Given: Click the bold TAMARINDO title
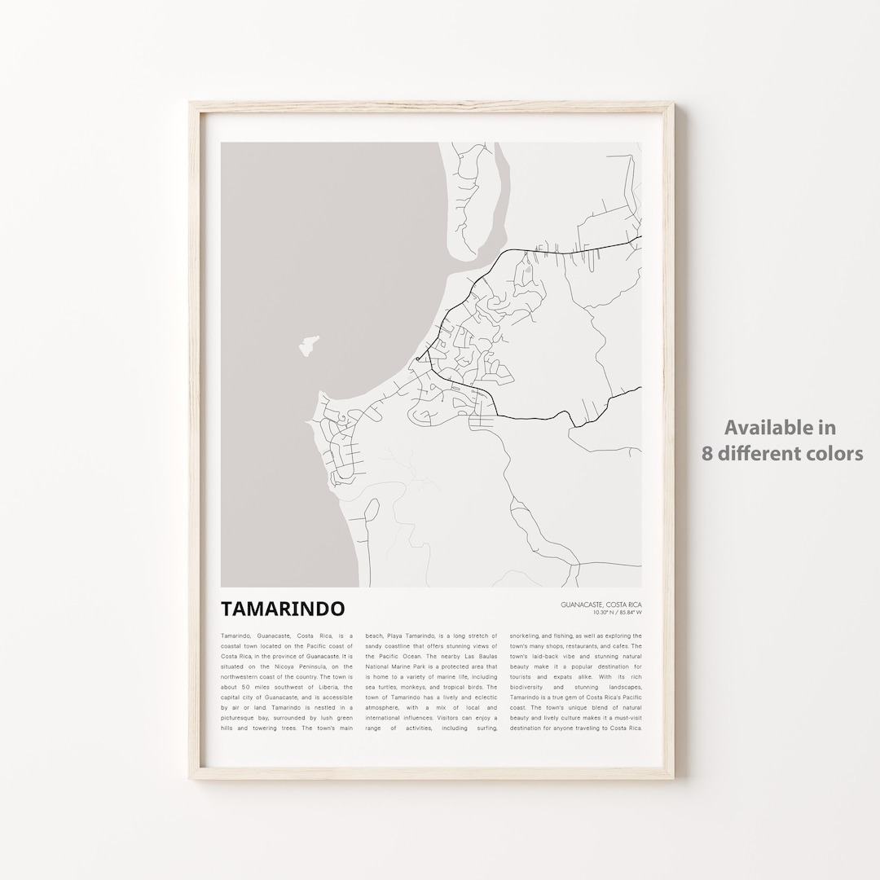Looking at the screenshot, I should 282,609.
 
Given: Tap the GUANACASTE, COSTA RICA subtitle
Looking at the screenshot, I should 601,604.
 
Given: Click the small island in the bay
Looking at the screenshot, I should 308,345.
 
